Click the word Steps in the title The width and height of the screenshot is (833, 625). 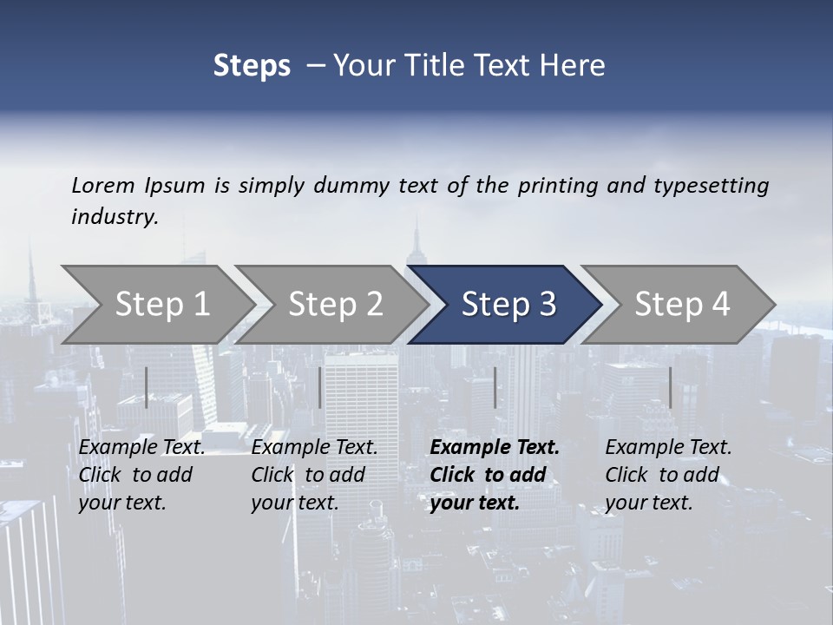[x=252, y=66]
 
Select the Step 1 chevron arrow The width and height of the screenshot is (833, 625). [x=156, y=305]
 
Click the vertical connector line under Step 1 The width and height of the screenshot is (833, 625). [x=147, y=387]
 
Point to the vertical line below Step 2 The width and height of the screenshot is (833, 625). [x=321, y=387]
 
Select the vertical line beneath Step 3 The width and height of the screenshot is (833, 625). [x=495, y=387]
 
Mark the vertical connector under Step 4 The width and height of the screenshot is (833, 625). [x=671, y=387]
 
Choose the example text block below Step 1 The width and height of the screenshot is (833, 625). [x=141, y=475]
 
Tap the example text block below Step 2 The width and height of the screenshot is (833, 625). [x=314, y=475]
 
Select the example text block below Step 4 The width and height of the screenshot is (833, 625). [x=668, y=475]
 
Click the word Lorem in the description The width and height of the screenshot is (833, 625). [x=103, y=185]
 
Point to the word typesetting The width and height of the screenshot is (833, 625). [x=711, y=186]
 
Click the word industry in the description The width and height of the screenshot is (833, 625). [x=115, y=217]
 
